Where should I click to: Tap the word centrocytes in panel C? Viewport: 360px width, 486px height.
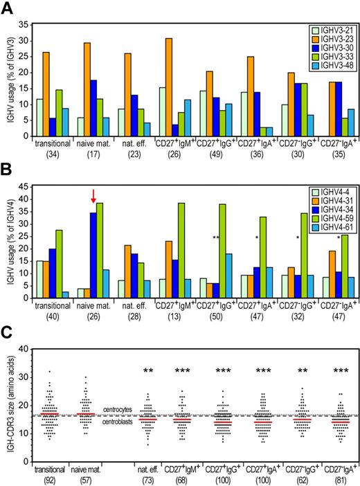coord(120,410)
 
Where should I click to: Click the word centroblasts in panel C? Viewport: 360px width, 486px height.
coord(120,421)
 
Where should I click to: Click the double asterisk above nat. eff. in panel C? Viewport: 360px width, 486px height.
coord(147,372)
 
